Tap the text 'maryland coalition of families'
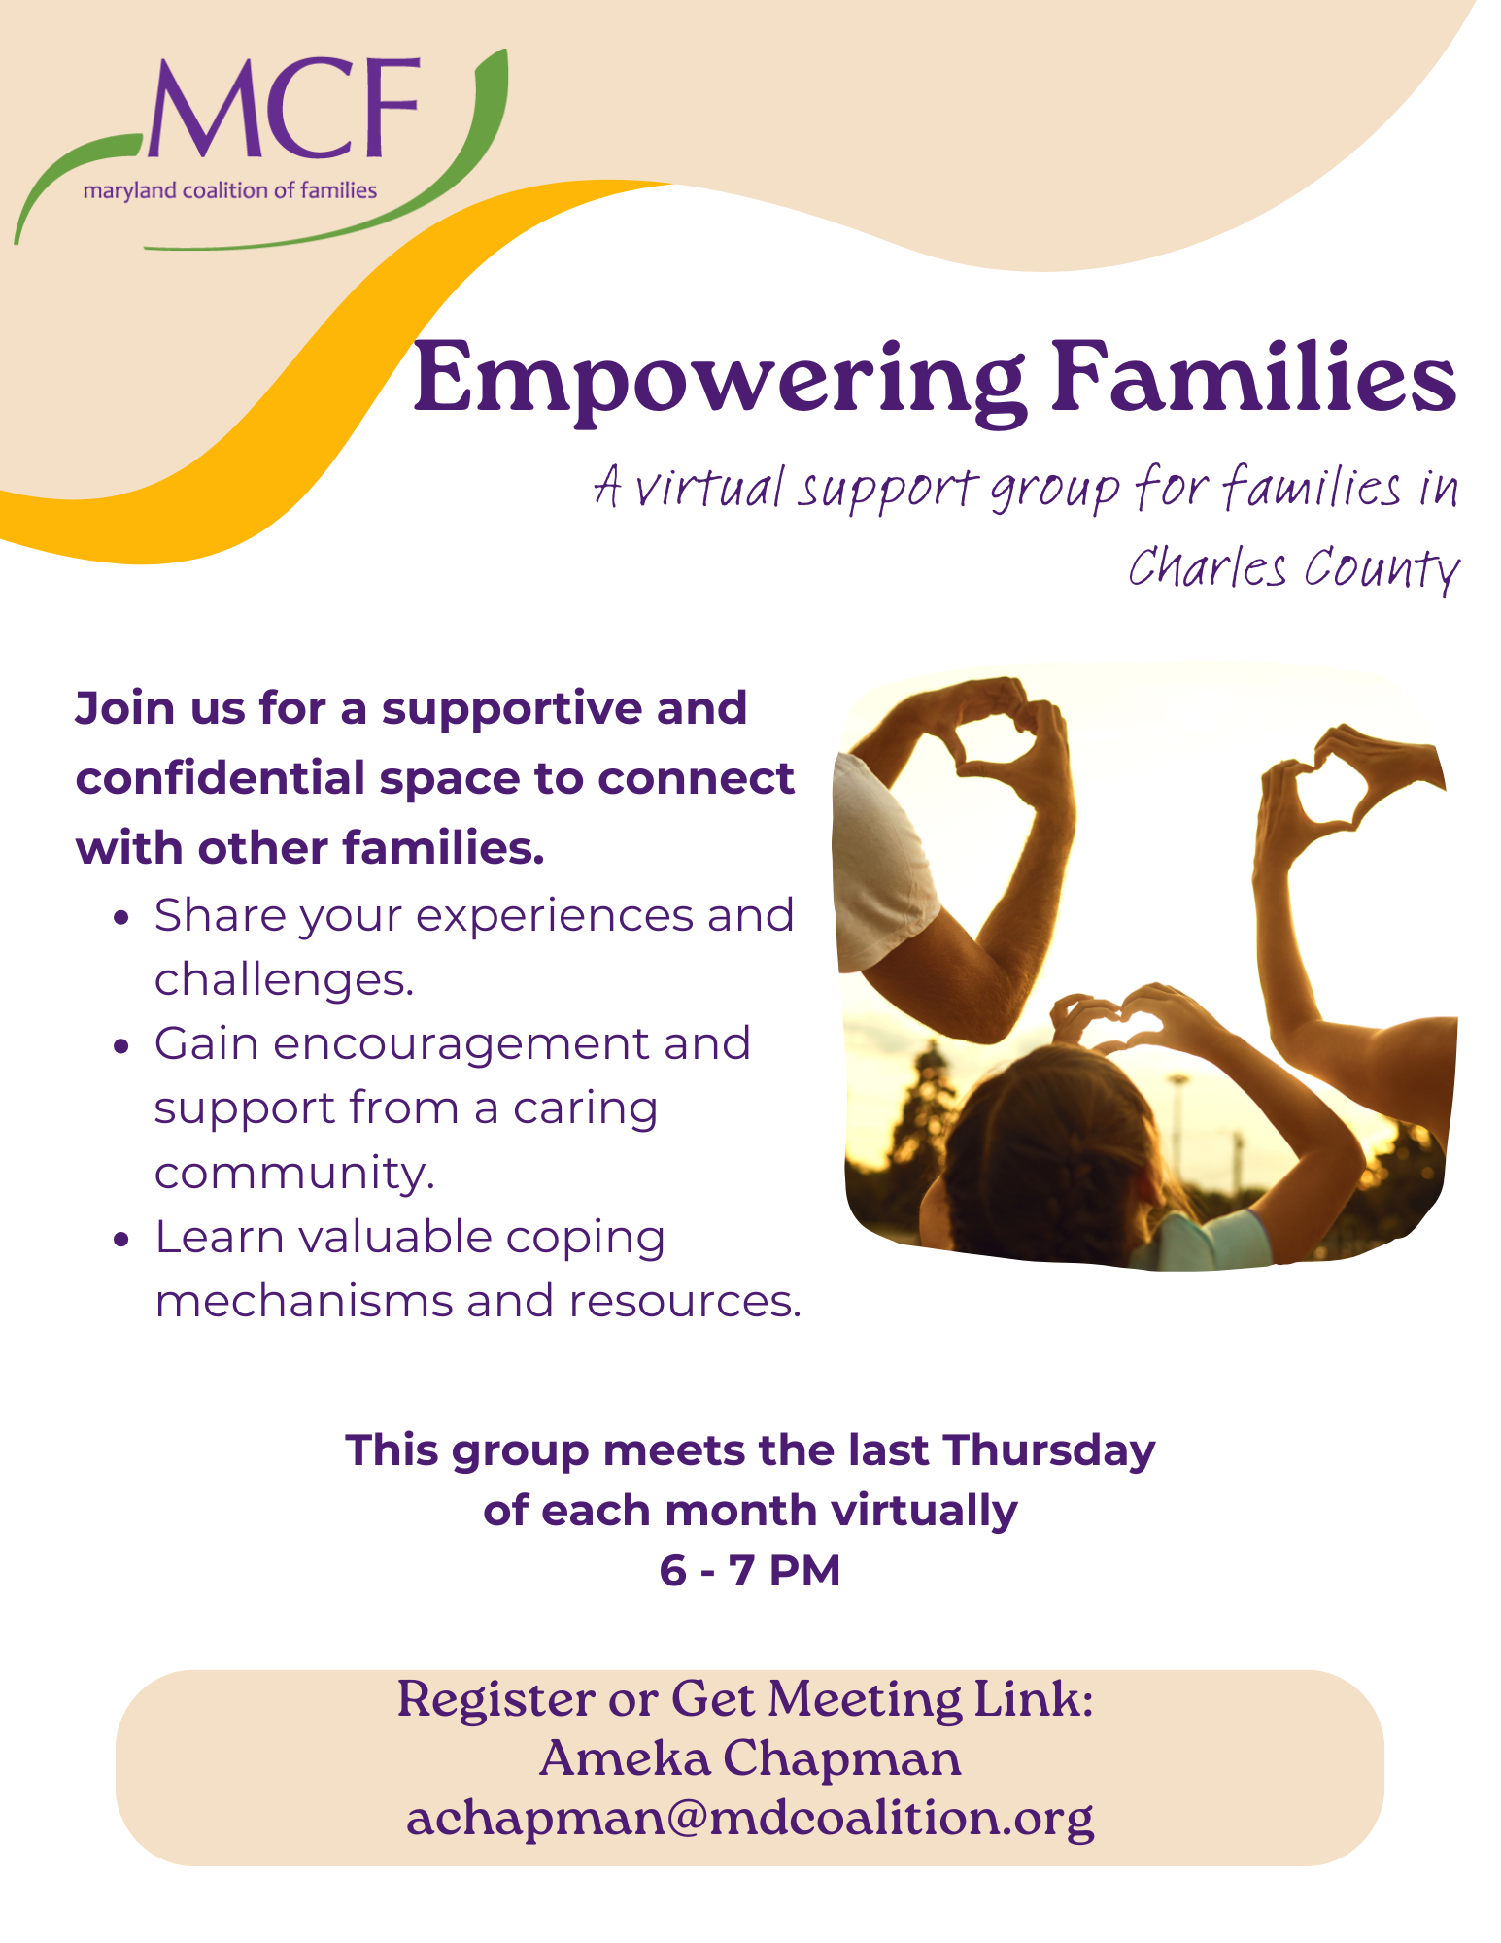230,190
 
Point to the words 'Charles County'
1294,568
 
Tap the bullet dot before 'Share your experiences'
121,918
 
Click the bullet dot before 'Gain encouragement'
121,1046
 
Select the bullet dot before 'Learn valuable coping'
121,1240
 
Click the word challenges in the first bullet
284,979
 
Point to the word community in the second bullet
294,1174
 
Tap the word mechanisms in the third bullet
303,1301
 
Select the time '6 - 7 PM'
750,1570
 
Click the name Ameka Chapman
750,1758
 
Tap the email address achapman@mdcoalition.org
750,1819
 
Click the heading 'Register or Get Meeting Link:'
746,1699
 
